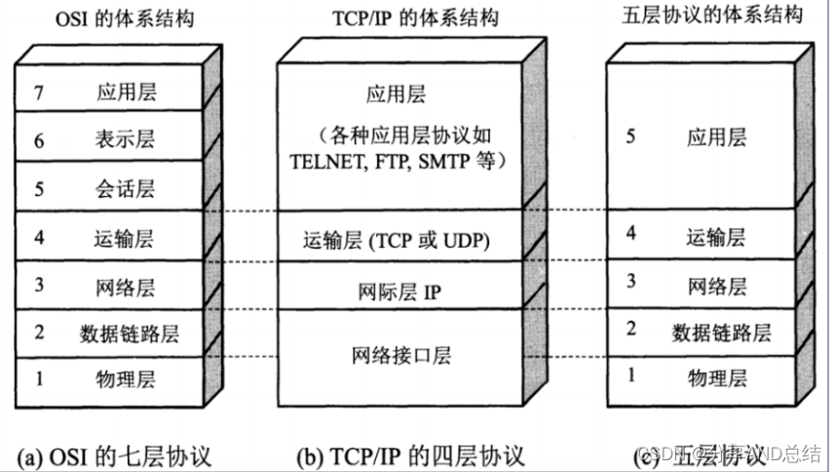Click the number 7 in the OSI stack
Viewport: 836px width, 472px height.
(39, 94)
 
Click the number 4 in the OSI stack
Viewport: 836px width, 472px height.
(39, 237)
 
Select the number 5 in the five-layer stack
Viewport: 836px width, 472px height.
(631, 138)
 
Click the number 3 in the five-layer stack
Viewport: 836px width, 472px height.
(631, 284)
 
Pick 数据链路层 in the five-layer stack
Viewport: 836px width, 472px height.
(721, 333)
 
